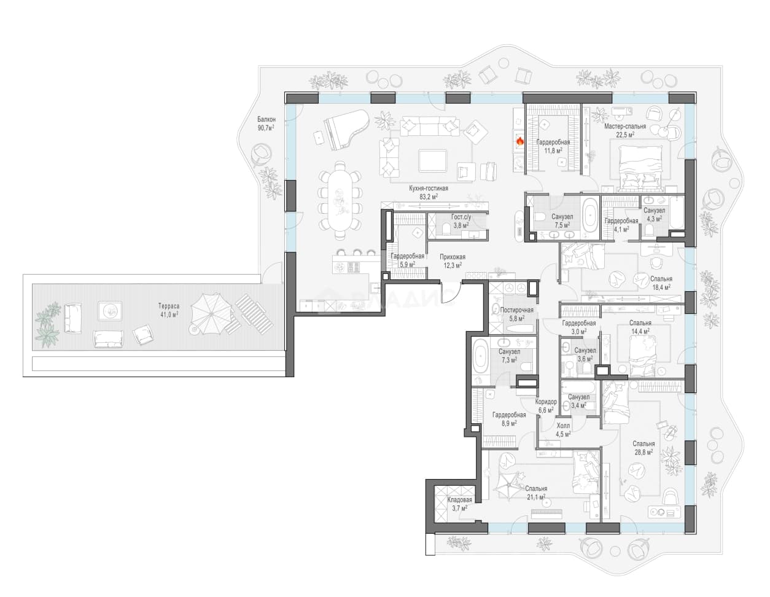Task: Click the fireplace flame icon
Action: tap(520, 142)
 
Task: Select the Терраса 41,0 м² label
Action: tap(169, 310)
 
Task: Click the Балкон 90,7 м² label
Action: tap(266, 123)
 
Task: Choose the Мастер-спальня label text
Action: tap(625, 126)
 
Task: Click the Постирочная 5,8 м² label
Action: tap(516, 314)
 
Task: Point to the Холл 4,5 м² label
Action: tap(563, 429)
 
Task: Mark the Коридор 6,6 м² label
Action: tap(546, 405)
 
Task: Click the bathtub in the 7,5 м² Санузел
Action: tap(589, 216)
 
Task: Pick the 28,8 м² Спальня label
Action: tap(644, 448)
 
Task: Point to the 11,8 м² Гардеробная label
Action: tap(553, 146)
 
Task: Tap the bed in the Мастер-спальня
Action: tap(640, 168)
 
